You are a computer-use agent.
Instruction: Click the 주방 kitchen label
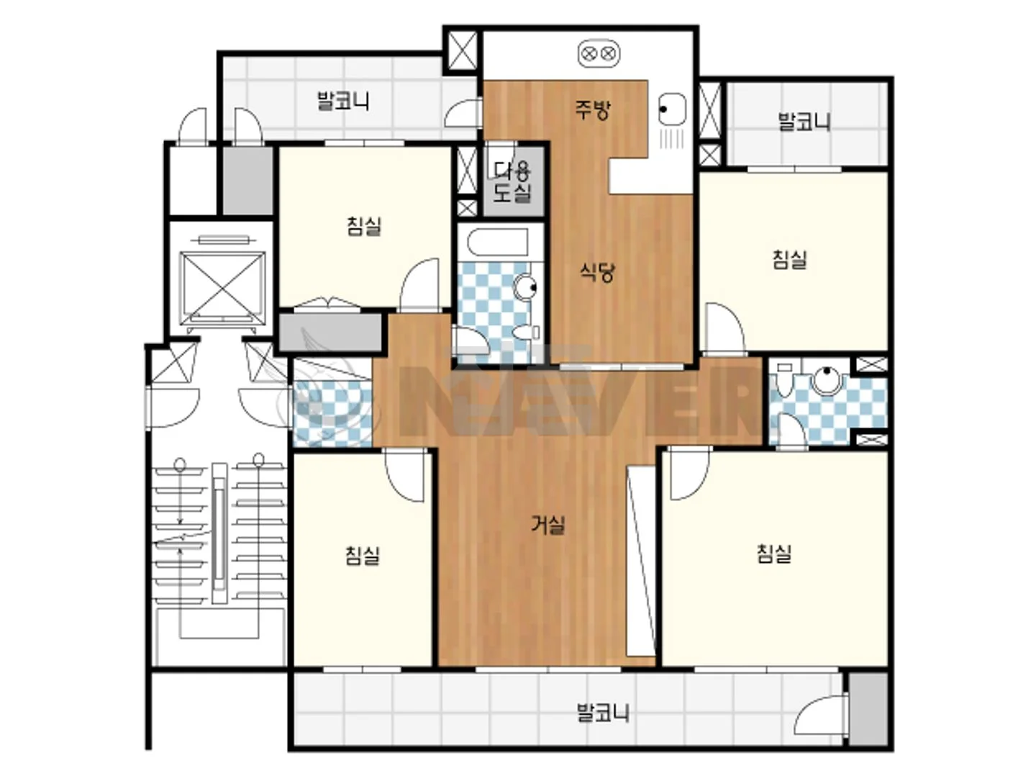coord(592,109)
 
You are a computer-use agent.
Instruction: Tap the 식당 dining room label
coord(597,272)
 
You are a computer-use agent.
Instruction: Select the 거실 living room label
coord(547,525)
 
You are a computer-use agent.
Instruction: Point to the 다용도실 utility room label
coord(512,181)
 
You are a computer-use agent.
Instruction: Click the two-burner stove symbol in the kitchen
coord(599,54)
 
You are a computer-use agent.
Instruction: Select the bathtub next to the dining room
coord(497,243)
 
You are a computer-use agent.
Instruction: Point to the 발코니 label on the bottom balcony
coord(603,712)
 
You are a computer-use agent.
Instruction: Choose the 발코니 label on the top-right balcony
coord(804,122)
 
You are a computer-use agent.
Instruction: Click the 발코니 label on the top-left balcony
coord(343,101)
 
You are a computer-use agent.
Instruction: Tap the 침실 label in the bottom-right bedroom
coord(774,554)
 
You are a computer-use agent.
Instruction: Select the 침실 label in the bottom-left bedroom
coord(363,555)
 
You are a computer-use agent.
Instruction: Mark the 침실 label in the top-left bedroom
coord(364,225)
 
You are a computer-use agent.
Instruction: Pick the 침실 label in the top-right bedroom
coord(790,260)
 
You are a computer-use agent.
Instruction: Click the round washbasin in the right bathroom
coord(827,381)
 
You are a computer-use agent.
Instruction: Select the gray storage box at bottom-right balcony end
coord(868,709)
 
